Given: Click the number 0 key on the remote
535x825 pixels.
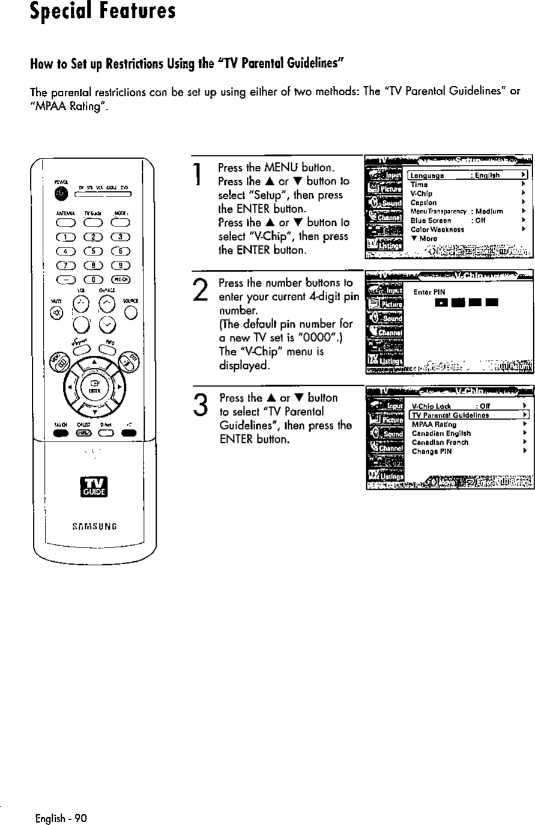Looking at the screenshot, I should [92, 278].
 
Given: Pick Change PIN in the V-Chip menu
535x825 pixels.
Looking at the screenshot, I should [432, 451].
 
